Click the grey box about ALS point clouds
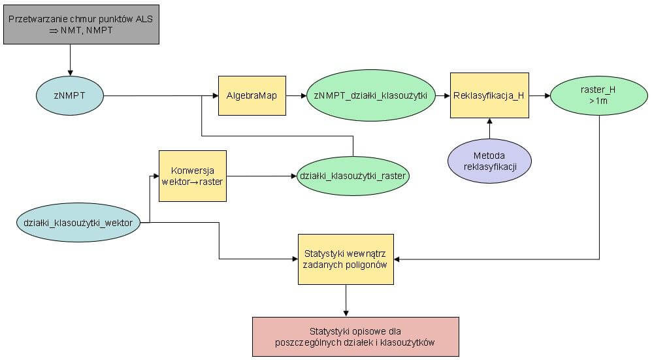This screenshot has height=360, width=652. [x=81, y=25]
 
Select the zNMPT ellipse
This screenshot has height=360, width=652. [x=70, y=95]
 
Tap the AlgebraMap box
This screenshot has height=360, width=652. [x=252, y=95]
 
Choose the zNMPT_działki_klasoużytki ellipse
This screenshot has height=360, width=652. [x=371, y=95]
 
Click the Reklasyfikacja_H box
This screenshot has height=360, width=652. [x=489, y=95]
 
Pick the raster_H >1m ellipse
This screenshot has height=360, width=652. [x=599, y=95]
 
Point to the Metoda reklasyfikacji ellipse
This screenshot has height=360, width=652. [x=489, y=161]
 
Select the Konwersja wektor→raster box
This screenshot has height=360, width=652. [x=193, y=176]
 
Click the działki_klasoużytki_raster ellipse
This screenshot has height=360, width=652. [x=353, y=176]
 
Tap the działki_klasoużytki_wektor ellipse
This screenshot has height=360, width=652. [x=78, y=222]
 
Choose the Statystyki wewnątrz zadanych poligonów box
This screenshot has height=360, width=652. [x=346, y=259]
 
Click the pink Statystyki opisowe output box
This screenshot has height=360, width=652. [x=355, y=336]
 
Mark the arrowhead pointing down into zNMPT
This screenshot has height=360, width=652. [x=70, y=73]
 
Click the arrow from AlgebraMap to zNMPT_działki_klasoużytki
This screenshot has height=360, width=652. [x=296, y=95]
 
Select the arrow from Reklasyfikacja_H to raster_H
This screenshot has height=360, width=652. [x=540, y=95]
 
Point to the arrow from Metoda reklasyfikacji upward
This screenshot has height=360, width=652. [x=489, y=129]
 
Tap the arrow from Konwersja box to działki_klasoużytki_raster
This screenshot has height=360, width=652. [x=261, y=176]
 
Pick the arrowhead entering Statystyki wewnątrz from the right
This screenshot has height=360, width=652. [x=397, y=259]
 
